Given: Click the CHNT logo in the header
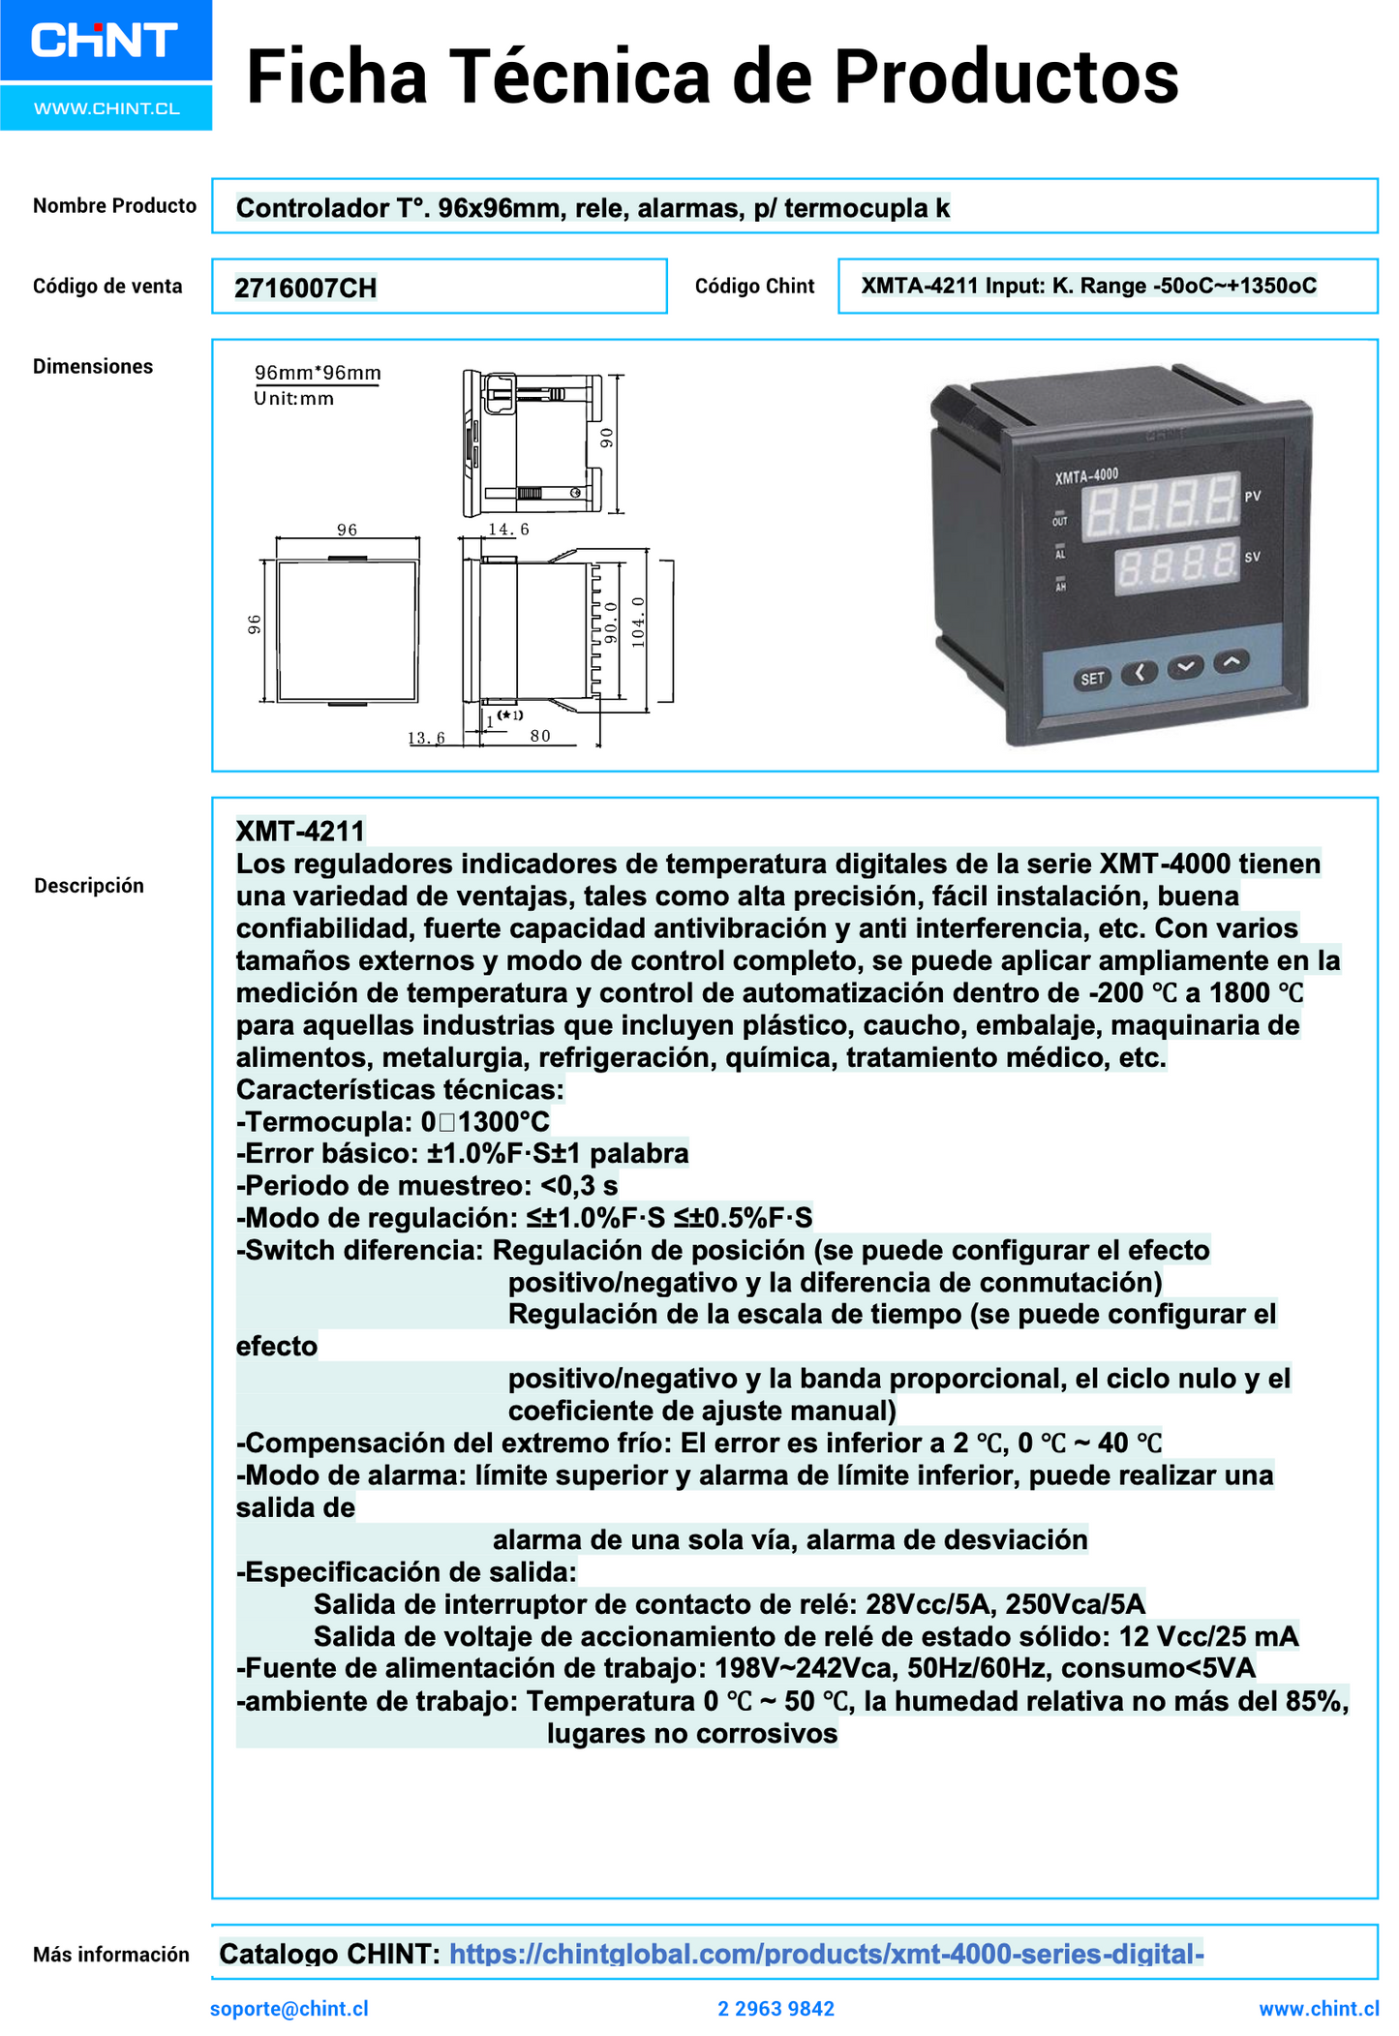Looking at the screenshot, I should pyautogui.click(x=105, y=41).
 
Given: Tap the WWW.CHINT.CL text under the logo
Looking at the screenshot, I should pyautogui.click(x=106, y=108).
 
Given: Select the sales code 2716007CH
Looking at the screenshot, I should pyautogui.click(x=305, y=288).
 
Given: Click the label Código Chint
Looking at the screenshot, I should pyautogui.click(x=754, y=287).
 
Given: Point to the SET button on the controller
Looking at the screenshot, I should pyautogui.click(x=1092, y=679).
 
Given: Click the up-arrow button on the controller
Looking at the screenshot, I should pyautogui.click(x=1231, y=661).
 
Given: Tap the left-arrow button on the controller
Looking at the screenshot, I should pyautogui.click(x=1140, y=672).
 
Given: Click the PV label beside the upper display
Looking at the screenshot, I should pyautogui.click(x=1253, y=496).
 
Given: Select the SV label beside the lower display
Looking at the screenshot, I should pyautogui.click(x=1252, y=557).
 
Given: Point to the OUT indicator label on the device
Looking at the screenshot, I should pyautogui.click(x=1059, y=522).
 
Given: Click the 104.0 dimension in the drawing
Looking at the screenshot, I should pyautogui.click(x=637, y=622).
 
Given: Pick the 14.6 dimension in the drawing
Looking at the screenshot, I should pyautogui.click(x=508, y=530).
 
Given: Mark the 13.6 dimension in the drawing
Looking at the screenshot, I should pyautogui.click(x=426, y=738).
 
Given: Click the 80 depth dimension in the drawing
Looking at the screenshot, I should pyautogui.click(x=540, y=736).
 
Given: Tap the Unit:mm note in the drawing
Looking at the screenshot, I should pyautogui.click(x=294, y=398).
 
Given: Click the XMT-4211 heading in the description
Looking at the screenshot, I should pyautogui.click(x=300, y=831).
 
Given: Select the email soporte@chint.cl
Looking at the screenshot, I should pyautogui.click(x=289, y=2008).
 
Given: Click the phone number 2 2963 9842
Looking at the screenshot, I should pyautogui.click(x=776, y=2009).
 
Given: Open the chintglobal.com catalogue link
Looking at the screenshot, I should pyautogui.click(x=826, y=1954).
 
